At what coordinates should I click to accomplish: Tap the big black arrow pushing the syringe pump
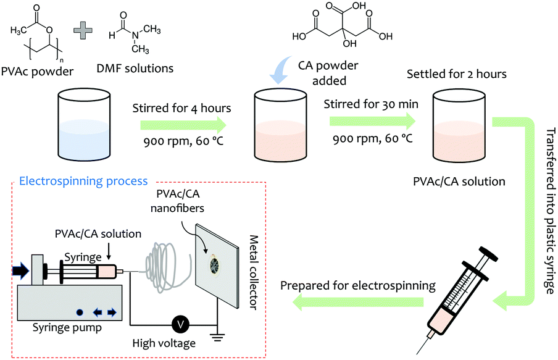(20, 270)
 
